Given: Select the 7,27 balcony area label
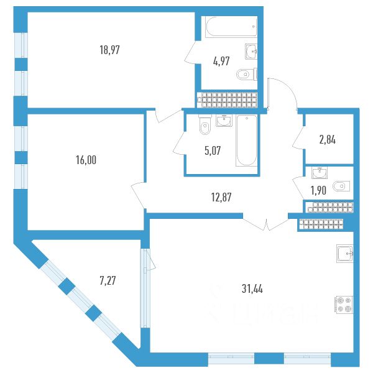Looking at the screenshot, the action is click(107, 280).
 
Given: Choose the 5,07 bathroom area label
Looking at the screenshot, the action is click(205, 149).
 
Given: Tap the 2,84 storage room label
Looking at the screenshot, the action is click(328, 139).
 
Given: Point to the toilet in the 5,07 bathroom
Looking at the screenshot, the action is click(204, 127).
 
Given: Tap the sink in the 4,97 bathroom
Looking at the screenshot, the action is click(251, 50).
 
